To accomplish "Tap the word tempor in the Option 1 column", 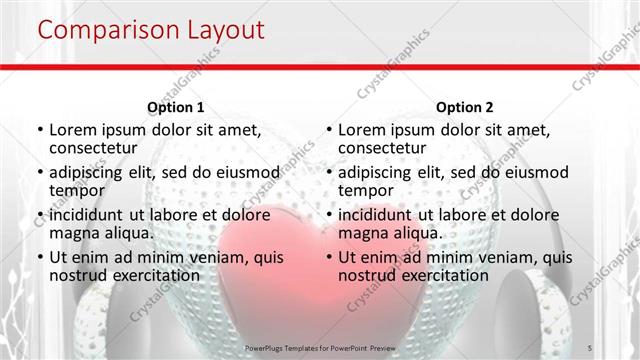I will click(x=77, y=190).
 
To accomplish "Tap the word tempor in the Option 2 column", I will click(x=366, y=190).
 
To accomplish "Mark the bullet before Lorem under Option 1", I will click(x=39, y=131).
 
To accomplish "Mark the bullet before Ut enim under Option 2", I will click(x=328, y=257).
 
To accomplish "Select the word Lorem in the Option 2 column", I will click(x=361, y=130).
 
